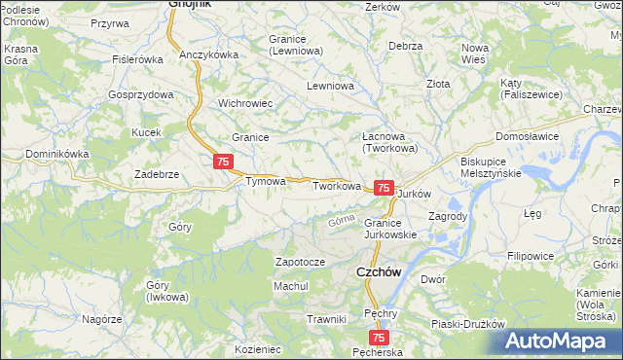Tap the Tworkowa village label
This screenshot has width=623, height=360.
coord(337,186)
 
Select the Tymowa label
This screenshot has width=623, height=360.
coord(265,181)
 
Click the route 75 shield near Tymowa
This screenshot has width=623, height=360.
coord(224,161)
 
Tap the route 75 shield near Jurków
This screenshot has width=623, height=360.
coord(384,188)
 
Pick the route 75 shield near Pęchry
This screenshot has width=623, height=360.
coord(380,338)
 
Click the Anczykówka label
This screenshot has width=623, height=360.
coord(209,55)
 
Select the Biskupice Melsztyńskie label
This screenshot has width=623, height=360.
coord(490,166)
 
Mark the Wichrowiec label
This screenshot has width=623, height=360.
coord(244,102)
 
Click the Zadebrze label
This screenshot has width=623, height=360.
coord(156,174)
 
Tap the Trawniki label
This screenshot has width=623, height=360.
coord(326,319)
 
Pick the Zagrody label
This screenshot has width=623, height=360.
coord(450,216)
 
